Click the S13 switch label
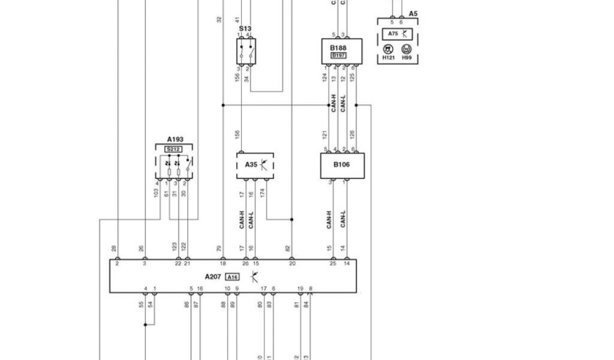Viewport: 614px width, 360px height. click(x=245, y=28)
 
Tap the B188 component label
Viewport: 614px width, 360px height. click(x=339, y=47)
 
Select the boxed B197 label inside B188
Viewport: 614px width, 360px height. click(x=339, y=55)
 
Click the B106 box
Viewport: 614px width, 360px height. click(x=342, y=165)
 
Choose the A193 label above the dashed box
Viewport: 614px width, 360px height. click(x=175, y=139)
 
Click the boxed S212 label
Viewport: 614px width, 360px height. click(x=173, y=149)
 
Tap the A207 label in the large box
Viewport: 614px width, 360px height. click(x=213, y=277)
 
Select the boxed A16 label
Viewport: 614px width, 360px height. click(x=232, y=277)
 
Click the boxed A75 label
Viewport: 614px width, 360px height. click(x=393, y=34)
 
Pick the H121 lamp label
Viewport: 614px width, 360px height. click(x=389, y=59)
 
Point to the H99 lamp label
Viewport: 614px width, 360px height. click(x=407, y=59)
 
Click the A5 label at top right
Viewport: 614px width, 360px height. click(x=413, y=13)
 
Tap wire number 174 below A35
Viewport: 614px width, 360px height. click(x=266, y=193)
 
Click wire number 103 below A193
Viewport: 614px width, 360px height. click(x=155, y=193)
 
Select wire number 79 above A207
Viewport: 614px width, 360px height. click(x=219, y=248)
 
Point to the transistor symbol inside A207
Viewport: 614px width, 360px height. click(x=254, y=277)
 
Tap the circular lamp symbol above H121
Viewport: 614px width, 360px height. click(x=388, y=49)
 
